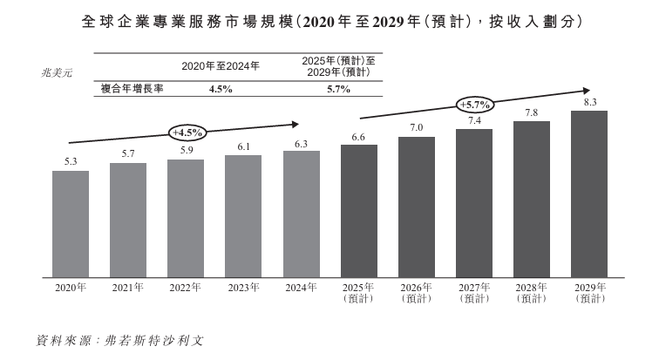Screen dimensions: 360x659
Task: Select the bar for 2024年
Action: [301, 214]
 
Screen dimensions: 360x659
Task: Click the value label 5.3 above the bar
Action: [71, 161]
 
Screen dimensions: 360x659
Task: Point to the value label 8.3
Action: [589, 102]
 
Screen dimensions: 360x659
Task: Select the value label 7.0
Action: [417, 128]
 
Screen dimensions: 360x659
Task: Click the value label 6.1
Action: [243, 146]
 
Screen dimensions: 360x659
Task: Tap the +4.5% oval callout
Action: [187, 132]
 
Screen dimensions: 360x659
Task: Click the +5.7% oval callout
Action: [475, 105]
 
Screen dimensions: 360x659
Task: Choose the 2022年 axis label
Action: [186, 288]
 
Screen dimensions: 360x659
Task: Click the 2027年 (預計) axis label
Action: [474, 293]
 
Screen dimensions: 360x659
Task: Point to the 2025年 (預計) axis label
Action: [359, 293]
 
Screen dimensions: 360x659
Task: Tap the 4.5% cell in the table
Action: [220, 89]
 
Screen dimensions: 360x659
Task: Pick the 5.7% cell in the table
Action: [338, 89]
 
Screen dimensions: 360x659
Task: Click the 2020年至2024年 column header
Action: [220, 66]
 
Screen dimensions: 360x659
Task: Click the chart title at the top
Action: [329, 20]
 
